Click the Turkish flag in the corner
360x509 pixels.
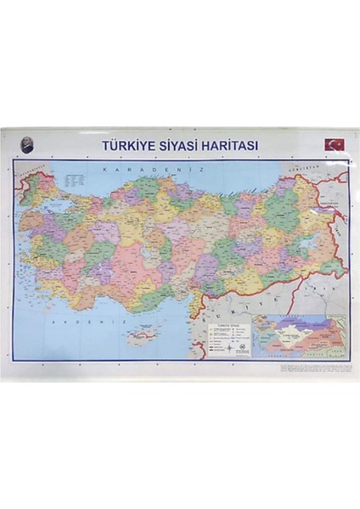point(335,144)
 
